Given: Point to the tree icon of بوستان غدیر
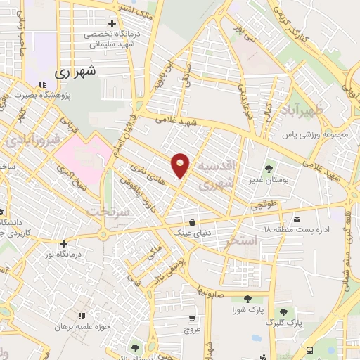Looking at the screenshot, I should click(269, 169).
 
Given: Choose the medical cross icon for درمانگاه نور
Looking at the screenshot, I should click(64, 243).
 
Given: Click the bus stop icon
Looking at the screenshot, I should click(310, 349).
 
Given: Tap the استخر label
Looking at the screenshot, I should click(243, 240).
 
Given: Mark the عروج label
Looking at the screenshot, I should click(193, 328).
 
